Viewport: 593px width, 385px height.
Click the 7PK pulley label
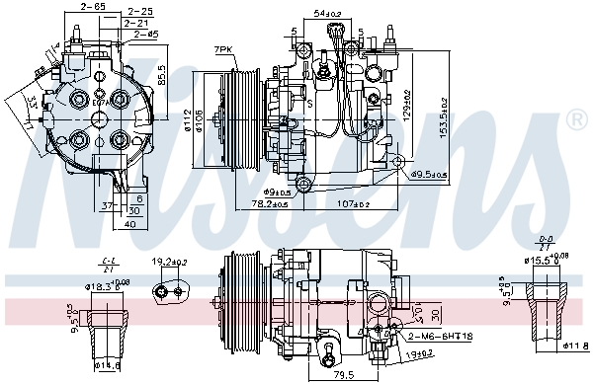(222, 48)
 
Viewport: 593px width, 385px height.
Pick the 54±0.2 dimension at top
(327, 13)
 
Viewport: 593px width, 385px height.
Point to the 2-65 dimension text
(93, 7)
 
